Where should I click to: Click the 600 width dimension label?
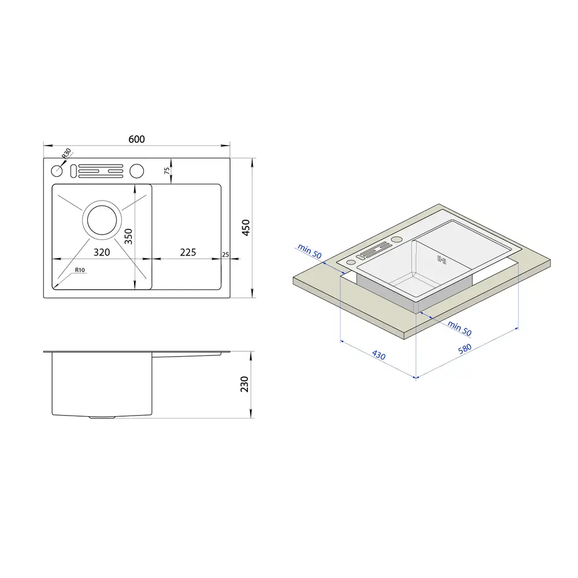pyautogui.click(x=136, y=139)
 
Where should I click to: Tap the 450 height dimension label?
pyautogui.click(x=246, y=227)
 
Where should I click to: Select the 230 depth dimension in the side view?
pyautogui.click(x=244, y=384)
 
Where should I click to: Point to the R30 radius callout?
pyautogui.click(x=66, y=153)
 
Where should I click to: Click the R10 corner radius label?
pyautogui.click(x=80, y=270)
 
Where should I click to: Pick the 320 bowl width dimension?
pyautogui.click(x=102, y=252)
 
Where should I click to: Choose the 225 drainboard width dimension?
pyautogui.click(x=188, y=252)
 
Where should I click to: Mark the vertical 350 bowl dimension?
pyautogui.click(x=128, y=236)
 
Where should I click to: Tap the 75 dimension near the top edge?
pyautogui.click(x=167, y=171)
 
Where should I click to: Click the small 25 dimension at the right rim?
pyautogui.click(x=225, y=255)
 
